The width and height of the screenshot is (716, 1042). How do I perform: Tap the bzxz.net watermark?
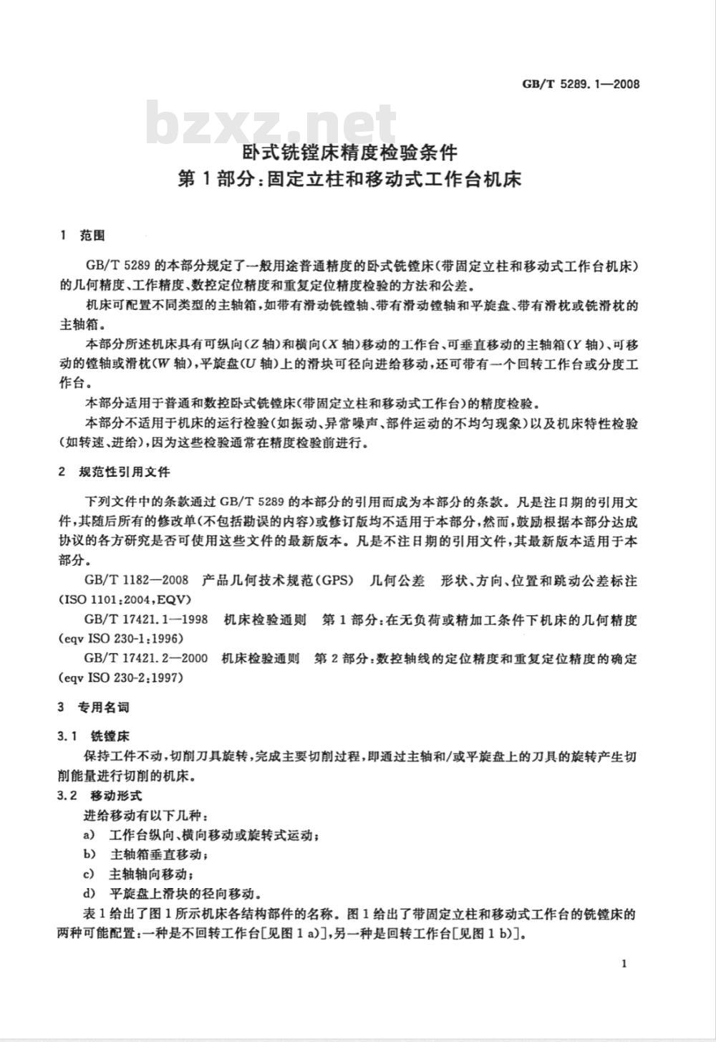point(271,125)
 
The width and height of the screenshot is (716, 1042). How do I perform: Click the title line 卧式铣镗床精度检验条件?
point(349,153)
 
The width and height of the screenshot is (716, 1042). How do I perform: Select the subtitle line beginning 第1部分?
point(349,179)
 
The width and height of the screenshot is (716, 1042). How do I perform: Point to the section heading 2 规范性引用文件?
point(115,472)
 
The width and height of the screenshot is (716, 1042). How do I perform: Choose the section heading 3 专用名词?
point(94,708)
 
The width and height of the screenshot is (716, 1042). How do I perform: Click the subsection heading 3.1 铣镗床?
point(94,736)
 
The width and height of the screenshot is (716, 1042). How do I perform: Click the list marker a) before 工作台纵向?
point(89,835)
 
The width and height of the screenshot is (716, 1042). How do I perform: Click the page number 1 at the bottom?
point(624,964)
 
